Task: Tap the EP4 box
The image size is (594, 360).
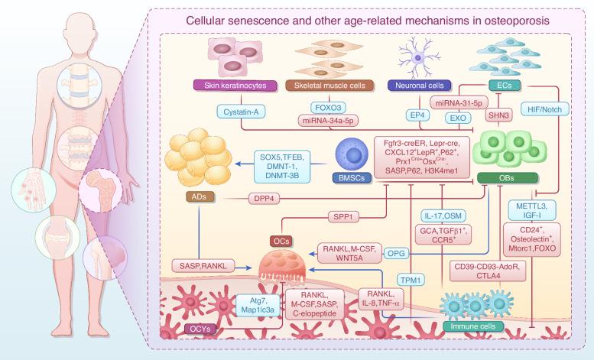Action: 417,115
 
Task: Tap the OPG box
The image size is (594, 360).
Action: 394,249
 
